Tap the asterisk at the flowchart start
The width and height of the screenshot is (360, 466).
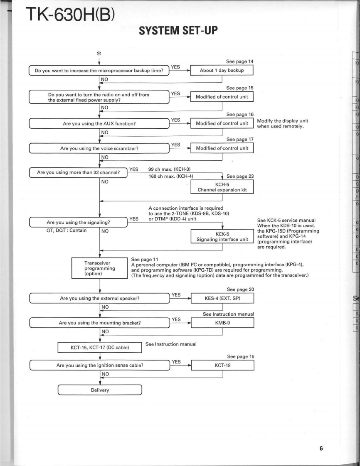[x=100, y=53]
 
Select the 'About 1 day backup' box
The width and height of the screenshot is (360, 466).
[x=222, y=70]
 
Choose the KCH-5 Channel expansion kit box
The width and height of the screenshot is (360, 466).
[x=222, y=186]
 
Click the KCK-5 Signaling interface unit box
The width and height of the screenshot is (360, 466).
[x=222, y=236]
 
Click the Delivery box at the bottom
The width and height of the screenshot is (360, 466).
[x=100, y=390]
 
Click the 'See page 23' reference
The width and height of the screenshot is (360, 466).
[x=240, y=176]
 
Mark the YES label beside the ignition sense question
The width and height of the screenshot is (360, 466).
[x=176, y=362]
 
